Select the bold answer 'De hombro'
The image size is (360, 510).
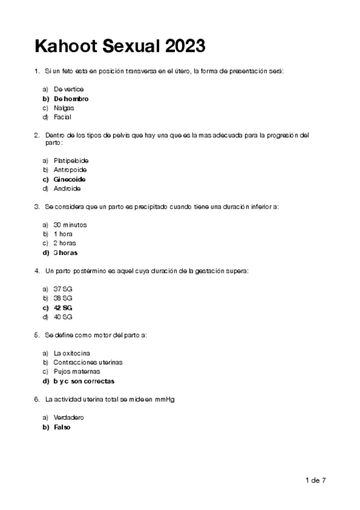point(71,98)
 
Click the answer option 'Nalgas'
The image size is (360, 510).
point(64,108)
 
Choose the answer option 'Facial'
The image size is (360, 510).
point(63,117)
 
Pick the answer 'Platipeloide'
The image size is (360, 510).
point(71,161)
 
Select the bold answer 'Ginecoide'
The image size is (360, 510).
point(70,179)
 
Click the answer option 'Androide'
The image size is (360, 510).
point(67,189)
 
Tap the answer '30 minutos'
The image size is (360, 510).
point(70,224)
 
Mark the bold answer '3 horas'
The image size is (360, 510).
point(66,253)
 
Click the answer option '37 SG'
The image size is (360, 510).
point(63,289)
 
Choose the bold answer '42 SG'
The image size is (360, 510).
point(63,307)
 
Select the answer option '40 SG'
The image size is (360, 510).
point(63,317)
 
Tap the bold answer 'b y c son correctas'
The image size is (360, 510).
point(84,381)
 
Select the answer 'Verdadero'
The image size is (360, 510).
point(69,417)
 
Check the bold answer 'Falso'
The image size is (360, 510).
point(62,426)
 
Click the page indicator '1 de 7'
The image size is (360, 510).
point(316,480)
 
